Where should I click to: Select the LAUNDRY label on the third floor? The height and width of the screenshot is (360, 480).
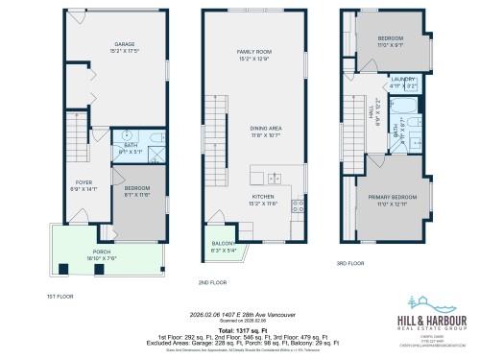[402, 80]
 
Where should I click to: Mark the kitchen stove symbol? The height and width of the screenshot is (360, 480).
[298, 204]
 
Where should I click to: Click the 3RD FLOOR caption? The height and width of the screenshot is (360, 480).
[350, 263]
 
